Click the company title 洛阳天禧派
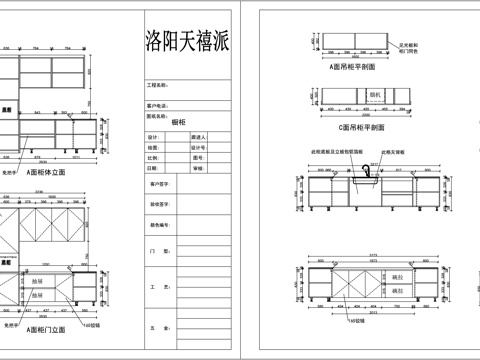(x=188, y=41)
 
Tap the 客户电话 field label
(x=158, y=104)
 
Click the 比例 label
(x=153, y=158)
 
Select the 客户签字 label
(x=161, y=184)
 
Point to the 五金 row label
(x=154, y=327)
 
